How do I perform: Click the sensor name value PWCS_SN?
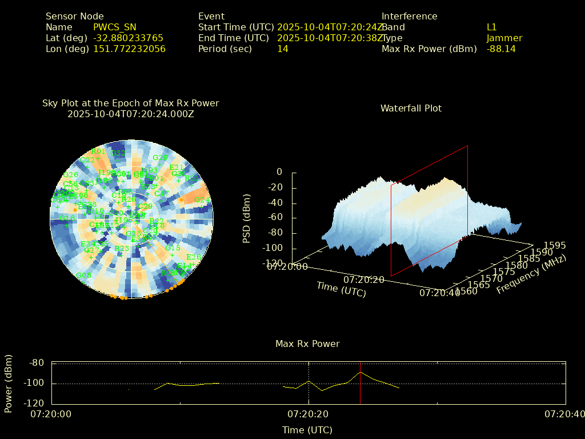114,27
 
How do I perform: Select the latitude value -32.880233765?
128,38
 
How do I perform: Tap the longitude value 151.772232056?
129,49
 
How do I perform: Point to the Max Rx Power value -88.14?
501,49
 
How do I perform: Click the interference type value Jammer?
504,38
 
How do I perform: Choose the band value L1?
492,27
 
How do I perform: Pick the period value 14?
283,49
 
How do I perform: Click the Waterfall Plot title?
411,108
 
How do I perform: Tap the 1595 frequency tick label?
555,245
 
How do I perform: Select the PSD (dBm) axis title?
247,217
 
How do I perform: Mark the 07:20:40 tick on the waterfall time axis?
438,292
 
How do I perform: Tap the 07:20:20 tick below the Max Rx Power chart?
308,414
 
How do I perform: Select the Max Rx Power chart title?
307,344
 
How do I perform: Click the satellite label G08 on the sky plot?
83,276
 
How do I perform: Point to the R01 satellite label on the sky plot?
98,151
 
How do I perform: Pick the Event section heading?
211,16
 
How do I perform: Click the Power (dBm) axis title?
8,383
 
